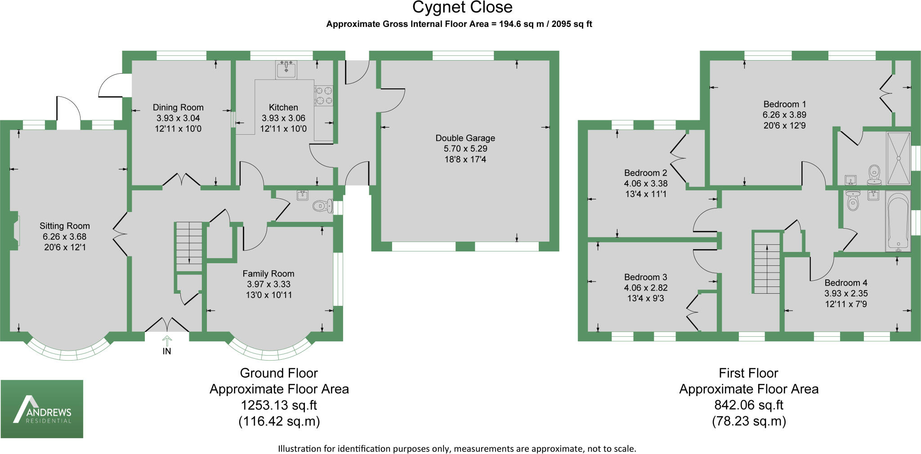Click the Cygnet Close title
462,8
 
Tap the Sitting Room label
65,226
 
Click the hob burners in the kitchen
324,95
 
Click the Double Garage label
465,138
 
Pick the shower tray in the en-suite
898,158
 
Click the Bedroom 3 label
645,278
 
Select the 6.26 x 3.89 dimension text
784,115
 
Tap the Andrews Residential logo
42,409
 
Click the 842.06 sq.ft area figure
748,405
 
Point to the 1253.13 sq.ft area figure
279,405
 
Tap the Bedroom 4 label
845,283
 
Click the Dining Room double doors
181,180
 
